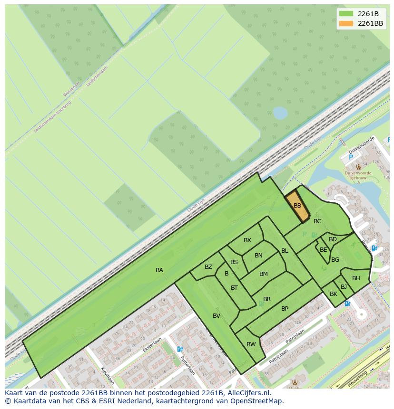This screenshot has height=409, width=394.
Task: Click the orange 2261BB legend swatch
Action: tap(346, 23)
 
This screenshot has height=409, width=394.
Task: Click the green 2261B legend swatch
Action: tap(346, 14)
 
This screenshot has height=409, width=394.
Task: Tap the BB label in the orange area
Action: tap(297, 206)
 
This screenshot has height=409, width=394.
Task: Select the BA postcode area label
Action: tap(159, 270)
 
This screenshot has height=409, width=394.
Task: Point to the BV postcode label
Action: tap(217, 316)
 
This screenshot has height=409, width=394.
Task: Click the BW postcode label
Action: tap(251, 344)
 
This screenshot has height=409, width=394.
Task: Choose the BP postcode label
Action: tap(285, 309)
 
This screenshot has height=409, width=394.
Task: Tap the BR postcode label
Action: tap(267, 299)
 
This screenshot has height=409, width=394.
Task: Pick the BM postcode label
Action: tap(264, 274)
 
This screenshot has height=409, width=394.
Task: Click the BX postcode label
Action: tap(247, 240)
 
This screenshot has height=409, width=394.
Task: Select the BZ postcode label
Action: tap(208, 267)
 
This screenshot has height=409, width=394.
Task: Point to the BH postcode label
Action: tap(356, 278)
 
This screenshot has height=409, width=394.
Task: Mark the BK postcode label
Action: tap(334, 294)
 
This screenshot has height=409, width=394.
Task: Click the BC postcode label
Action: tap(317, 221)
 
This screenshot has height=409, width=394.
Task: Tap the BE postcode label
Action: tap(324, 250)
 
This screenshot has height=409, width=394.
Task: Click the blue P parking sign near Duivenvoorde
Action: tap(351, 157)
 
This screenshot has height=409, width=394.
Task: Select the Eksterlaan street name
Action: tap(152, 344)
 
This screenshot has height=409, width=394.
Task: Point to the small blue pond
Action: tap(280, 113)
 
